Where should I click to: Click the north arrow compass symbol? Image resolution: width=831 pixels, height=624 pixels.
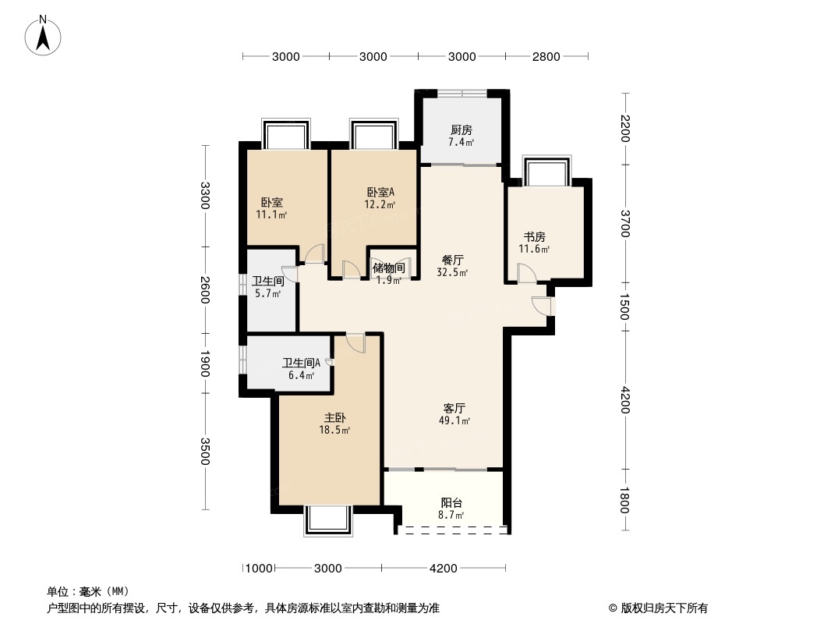43,35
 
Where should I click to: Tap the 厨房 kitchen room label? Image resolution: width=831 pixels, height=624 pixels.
461,130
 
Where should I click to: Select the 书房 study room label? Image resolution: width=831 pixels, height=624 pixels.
534,237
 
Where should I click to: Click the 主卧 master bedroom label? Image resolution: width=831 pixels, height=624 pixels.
335,418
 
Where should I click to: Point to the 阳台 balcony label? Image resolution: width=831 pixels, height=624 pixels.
451,502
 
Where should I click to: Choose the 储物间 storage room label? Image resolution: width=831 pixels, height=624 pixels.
389,268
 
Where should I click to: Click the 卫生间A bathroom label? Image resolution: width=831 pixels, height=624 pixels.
301,363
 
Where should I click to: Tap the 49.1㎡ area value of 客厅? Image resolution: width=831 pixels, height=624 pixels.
454,421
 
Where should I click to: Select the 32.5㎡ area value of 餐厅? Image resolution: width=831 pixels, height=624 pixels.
452,273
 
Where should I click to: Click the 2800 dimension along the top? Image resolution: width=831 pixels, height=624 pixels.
546,57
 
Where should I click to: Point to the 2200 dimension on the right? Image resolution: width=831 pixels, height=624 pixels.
625,128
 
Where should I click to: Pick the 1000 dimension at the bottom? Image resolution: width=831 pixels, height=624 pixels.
260,569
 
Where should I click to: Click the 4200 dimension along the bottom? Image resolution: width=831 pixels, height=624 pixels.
443,569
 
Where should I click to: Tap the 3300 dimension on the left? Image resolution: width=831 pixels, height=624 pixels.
205,196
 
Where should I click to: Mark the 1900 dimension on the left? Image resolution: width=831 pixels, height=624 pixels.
205,363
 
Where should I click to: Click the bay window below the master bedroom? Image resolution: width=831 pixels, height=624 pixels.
328,520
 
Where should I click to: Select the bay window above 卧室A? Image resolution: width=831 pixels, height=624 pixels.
373,134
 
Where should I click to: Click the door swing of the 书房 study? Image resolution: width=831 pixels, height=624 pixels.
527,273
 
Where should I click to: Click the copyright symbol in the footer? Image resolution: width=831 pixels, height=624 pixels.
613,608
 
